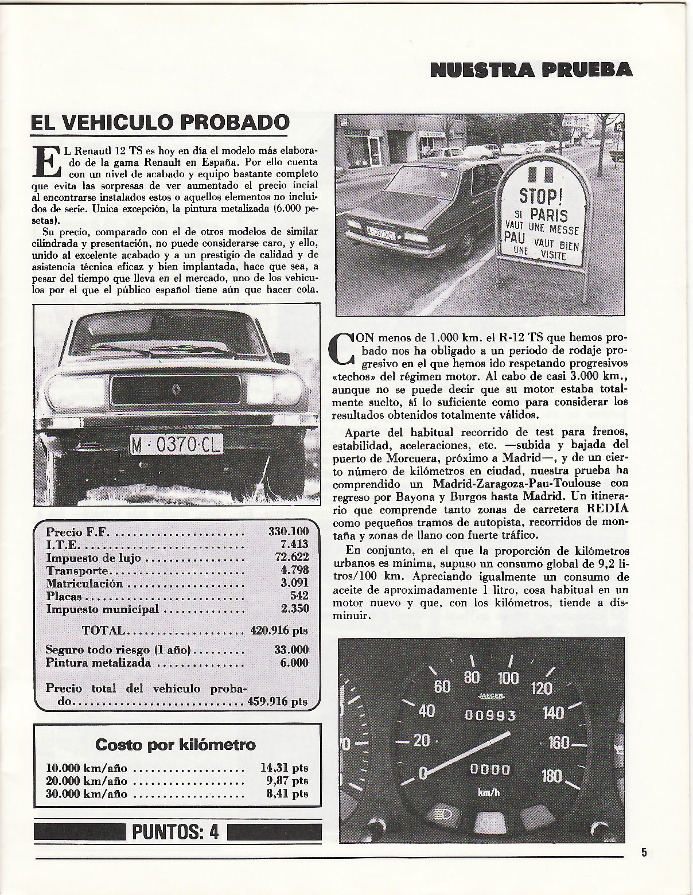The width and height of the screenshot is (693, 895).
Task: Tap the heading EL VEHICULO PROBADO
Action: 159,122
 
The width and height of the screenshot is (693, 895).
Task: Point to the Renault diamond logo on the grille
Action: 176,391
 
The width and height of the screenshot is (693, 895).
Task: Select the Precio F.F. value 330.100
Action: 288,531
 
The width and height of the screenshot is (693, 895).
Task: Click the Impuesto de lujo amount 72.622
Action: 292,557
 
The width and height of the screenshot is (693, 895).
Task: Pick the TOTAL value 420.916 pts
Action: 279,631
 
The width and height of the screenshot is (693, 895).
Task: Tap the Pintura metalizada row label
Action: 98,663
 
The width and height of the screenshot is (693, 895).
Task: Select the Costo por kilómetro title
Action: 176,745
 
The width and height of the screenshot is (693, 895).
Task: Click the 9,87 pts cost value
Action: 285,781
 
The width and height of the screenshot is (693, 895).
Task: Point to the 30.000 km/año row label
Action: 86,793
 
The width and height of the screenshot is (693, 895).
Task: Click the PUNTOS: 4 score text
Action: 176,832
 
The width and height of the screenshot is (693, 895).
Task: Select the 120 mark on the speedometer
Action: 542,687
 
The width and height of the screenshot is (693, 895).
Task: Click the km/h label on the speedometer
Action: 488,792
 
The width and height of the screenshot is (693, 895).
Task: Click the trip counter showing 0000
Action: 490,769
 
